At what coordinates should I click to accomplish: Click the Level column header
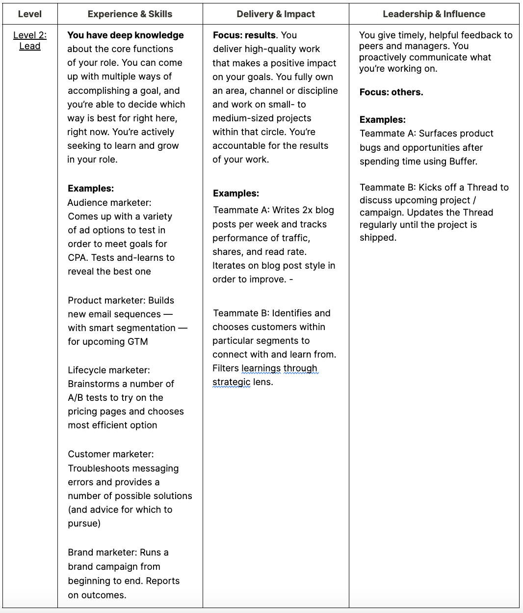point(29,14)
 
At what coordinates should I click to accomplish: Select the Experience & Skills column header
point(130,14)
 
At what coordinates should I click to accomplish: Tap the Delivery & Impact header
point(276,14)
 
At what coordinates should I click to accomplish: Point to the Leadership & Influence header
point(434,14)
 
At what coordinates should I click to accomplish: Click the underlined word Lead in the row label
point(30,46)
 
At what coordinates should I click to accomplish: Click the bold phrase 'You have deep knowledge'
point(126,35)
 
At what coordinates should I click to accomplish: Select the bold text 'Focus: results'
point(244,35)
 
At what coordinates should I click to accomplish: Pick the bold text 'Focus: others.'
point(391,92)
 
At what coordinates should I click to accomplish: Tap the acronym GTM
point(137,341)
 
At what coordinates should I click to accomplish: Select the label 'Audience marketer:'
point(109,202)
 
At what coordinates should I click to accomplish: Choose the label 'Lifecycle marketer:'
point(109,370)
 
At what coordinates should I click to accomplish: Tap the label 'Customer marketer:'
point(111,454)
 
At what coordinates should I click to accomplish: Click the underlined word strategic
point(232,382)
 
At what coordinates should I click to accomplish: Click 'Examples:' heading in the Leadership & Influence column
point(383,119)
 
